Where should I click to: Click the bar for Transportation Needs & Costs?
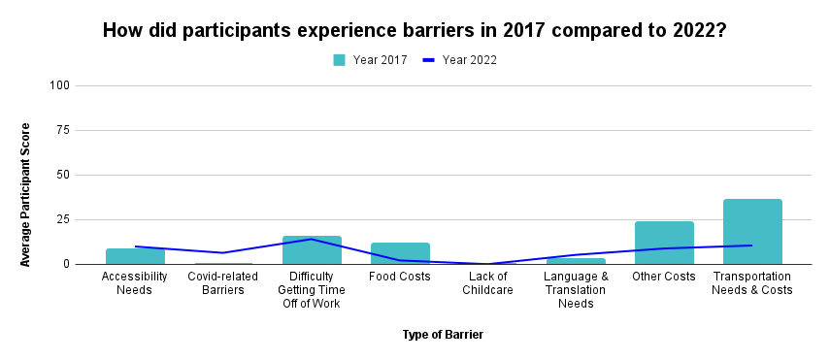tap(752, 232)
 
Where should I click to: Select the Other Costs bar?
tap(664, 243)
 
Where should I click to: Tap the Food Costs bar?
tap(400, 253)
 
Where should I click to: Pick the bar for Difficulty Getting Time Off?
tap(312, 250)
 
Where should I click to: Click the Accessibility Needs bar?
tap(135, 256)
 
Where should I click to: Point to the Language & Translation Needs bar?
tap(576, 261)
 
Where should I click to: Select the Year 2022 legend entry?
tap(460, 59)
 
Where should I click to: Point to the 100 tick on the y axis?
tap(60, 85)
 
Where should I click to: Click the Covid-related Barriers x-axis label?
tap(223, 283)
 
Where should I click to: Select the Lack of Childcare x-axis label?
tap(487, 283)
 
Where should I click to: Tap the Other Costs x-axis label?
tap(664, 277)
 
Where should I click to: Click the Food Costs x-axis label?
tap(400, 277)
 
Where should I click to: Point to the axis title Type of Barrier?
tap(443, 335)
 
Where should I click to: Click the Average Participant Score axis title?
tap(26, 194)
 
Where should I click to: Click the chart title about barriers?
tap(415, 30)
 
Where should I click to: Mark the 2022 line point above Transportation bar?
tap(752, 245)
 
